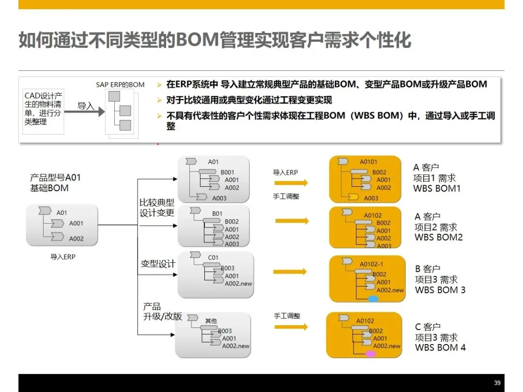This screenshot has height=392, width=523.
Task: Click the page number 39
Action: coord(497,382)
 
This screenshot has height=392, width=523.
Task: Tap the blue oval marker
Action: coord(373,299)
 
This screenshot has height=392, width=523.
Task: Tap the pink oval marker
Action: coord(370,354)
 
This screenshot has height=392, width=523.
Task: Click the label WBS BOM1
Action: coord(437,189)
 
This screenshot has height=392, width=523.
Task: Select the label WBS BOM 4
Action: coord(440,347)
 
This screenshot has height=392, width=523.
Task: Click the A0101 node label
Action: coord(368,162)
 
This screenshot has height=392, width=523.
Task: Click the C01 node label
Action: coord(214,258)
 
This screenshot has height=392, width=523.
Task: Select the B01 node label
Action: coord(217,213)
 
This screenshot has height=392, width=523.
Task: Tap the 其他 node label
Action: coord(211,321)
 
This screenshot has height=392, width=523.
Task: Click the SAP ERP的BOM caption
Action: coord(120,85)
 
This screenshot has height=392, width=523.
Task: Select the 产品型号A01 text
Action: coord(56,178)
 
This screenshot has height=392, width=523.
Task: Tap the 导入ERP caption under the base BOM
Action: coord(63,257)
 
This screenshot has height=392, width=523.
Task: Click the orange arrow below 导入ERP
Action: coord(291,182)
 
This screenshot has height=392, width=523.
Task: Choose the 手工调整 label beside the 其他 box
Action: coord(287,316)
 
